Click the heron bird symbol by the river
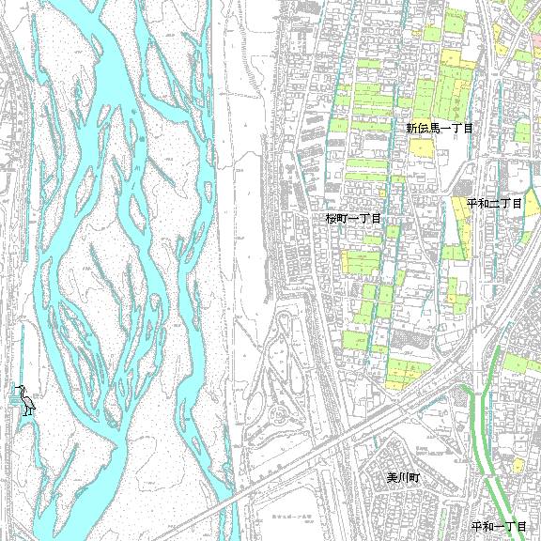click(x=25, y=400)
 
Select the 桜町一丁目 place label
click(x=353, y=218)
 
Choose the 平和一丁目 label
click(x=499, y=526)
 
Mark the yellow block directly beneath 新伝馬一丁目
click(x=422, y=148)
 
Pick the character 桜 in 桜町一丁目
click(x=332, y=218)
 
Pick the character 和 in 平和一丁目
click(x=487, y=526)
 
